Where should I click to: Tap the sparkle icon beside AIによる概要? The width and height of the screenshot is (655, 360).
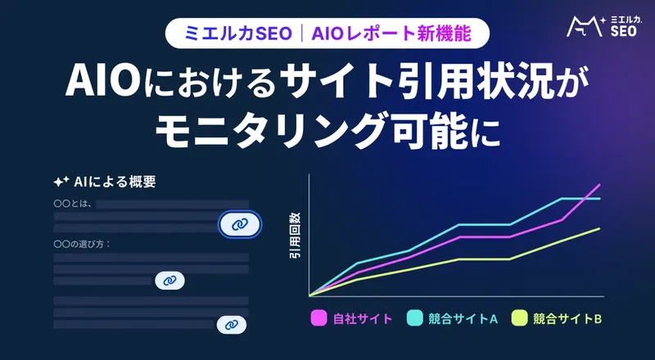tap(60, 182)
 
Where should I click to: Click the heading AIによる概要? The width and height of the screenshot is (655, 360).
tap(114, 182)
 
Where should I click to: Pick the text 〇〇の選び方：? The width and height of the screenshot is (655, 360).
tap(82, 244)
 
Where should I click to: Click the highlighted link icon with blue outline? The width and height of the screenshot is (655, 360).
tap(239, 223)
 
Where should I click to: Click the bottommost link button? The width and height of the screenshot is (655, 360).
tap(231, 325)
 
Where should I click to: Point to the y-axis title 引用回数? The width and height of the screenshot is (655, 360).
tap(295, 236)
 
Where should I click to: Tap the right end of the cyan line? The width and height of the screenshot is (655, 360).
tap(600, 199)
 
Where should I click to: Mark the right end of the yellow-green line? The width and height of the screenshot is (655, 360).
tap(600, 228)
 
